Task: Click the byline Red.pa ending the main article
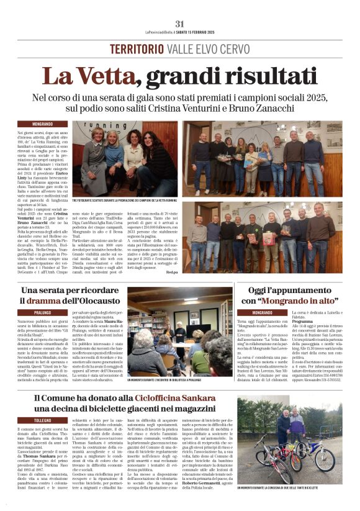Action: click(171, 271)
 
